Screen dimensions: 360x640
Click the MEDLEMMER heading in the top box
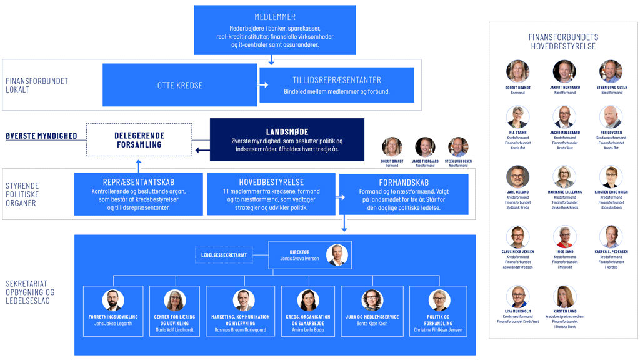(x=275, y=17)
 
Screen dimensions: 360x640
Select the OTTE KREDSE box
(x=180, y=85)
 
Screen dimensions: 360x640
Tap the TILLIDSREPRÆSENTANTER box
(x=337, y=85)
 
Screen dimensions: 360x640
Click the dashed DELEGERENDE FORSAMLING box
(x=138, y=139)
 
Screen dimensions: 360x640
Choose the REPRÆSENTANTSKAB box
(x=138, y=194)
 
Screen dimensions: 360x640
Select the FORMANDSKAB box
(x=404, y=194)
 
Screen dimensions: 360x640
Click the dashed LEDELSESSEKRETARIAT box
(x=224, y=255)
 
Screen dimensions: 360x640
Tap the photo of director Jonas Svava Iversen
(x=336, y=255)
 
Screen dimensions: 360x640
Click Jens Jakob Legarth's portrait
(x=113, y=300)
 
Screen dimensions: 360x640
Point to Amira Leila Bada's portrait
(x=308, y=300)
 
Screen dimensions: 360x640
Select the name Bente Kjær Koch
(x=372, y=324)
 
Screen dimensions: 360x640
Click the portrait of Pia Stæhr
(x=518, y=117)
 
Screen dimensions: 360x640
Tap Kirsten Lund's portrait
(x=564, y=296)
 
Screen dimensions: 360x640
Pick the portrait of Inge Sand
(x=564, y=236)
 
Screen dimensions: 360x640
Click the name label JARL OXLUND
(x=518, y=192)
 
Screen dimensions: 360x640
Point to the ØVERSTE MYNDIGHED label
(x=41, y=136)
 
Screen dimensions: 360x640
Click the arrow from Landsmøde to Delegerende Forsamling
(x=202, y=150)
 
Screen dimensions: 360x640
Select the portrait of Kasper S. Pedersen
(x=611, y=236)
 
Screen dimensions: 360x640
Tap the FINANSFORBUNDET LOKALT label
(x=36, y=85)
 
